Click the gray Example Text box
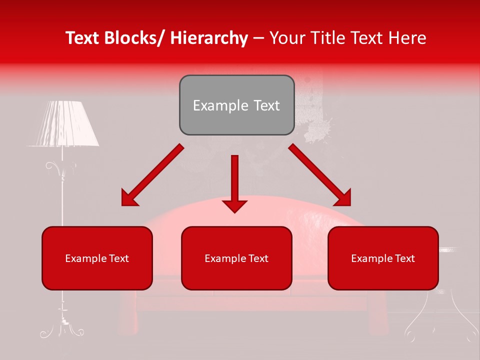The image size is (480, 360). click(x=236, y=105)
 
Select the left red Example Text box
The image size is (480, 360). click(x=97, y=258)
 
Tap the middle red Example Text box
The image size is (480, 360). click(x=236, y=258)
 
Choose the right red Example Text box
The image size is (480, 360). click(x=383, y=258)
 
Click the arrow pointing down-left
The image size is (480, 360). click(x=152, y=175)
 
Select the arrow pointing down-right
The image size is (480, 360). click(x=320, y=175)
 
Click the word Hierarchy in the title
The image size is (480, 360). click(x=209, y=38)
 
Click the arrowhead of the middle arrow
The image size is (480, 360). click(x=234, y=205)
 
